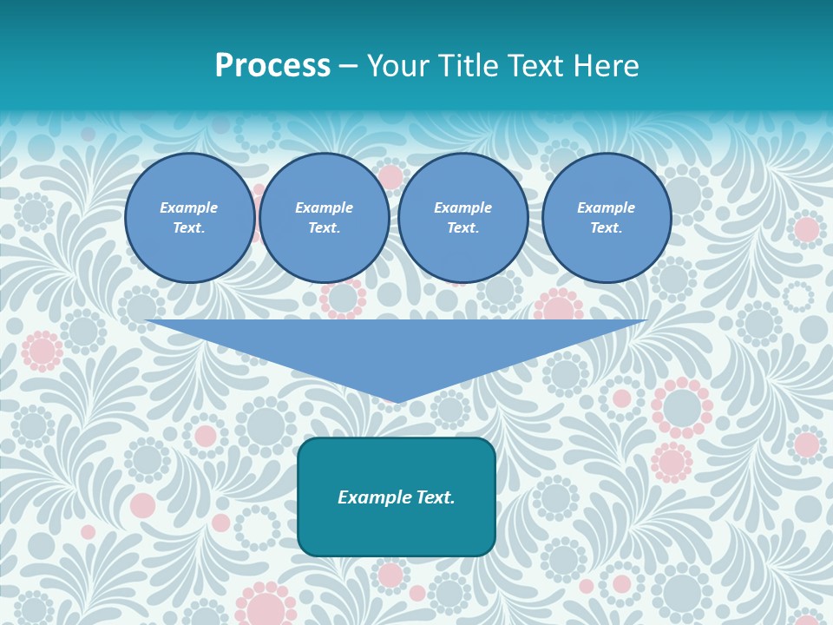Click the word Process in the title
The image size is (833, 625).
pyautogui.click(x=272, y=66)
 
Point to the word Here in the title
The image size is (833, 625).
pyautogui.click(x=607, y=66)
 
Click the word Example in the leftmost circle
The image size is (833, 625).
pyautogui.click(x=189, y=207)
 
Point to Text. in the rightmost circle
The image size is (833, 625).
pyautogui.click(x=607, y=227)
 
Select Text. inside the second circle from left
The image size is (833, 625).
pyautogui.click(x=325, y=227)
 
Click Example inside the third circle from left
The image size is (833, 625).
pyautogui.click(x=462, y=207)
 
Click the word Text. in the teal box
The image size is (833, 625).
pyautogui.click(x=435, y=497)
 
